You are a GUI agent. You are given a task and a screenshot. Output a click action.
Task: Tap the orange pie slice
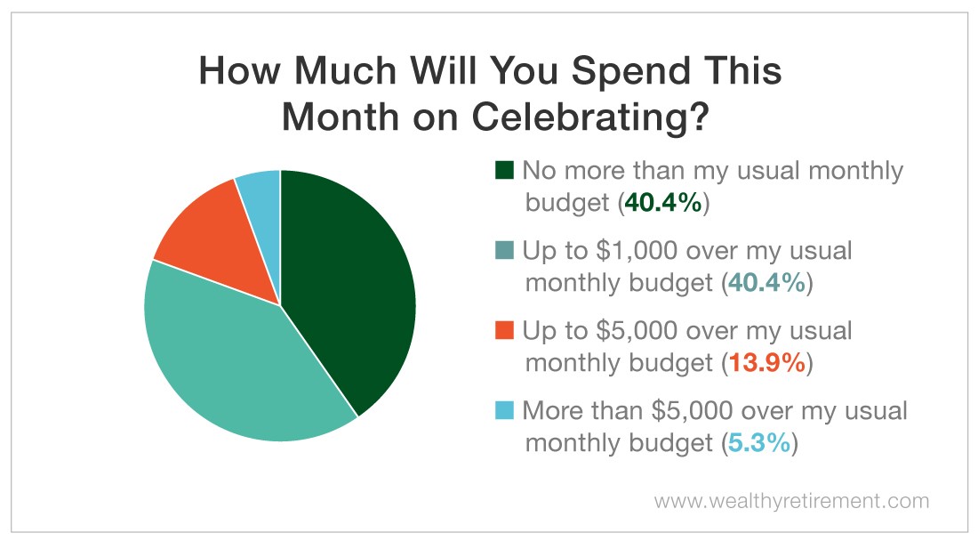(219, 243)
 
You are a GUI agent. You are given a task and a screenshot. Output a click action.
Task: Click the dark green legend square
(504, 170)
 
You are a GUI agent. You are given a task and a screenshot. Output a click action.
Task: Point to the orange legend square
(504, 330)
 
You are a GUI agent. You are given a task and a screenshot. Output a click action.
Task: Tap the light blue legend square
(504, 410)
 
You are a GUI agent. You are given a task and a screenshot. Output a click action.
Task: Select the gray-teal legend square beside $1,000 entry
(504, 250)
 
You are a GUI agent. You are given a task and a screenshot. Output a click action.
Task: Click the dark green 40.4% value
(663, 203)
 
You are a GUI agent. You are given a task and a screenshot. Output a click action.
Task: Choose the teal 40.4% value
(767, 283)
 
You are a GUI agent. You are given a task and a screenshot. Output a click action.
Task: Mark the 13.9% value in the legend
(767, 362)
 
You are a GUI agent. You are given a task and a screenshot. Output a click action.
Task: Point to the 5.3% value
(759, 442)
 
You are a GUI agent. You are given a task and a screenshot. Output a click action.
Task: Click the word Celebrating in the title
(591, 117)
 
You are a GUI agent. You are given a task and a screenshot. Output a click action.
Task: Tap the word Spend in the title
(630, 70)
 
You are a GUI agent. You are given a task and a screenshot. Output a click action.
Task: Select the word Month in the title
(340, 117)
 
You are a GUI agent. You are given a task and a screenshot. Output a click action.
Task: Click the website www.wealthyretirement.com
(791, 501)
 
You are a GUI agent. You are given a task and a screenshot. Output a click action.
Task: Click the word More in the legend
(550, 410)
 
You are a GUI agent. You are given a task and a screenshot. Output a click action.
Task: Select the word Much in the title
(344, 70)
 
